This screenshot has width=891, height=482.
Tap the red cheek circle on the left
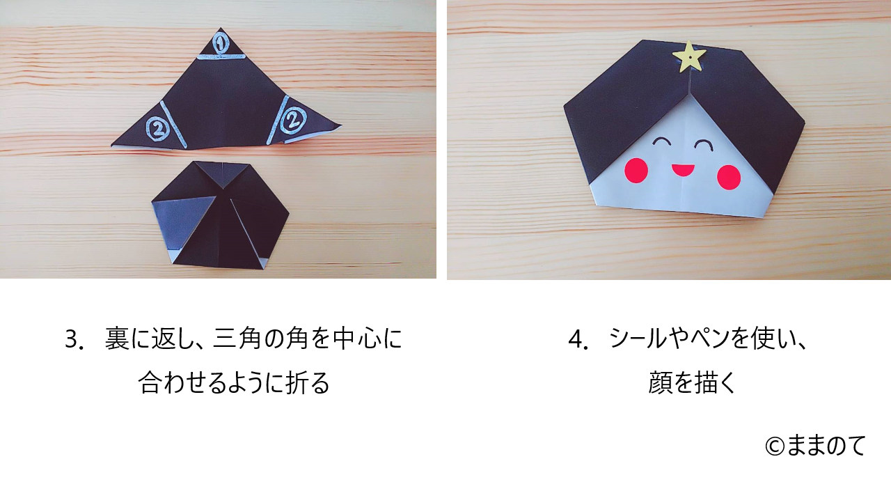636,171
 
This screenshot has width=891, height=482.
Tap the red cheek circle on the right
729,176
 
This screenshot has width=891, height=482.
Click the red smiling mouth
683,170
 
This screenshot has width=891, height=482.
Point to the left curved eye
661,140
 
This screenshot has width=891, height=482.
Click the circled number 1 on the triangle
219,43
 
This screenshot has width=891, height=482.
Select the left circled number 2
158,128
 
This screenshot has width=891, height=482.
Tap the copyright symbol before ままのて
775,446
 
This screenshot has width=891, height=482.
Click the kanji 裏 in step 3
118,339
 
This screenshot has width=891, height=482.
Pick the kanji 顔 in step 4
661,383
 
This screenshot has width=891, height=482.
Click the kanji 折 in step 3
299,383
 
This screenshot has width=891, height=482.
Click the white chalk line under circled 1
221,59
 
